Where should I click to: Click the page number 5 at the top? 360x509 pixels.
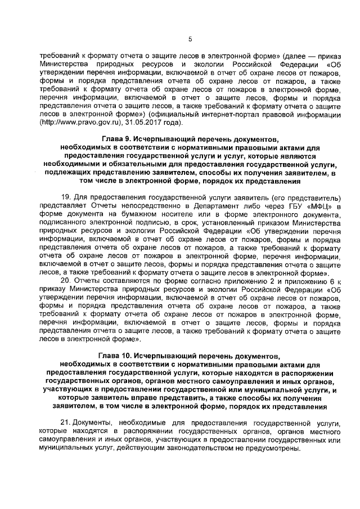190,39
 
